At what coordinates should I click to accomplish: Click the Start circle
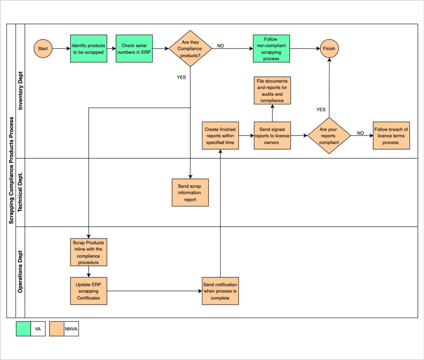tap(43, 49)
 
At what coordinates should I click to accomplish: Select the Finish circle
tap(329, 49)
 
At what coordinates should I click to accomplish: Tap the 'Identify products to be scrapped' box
tap(89, 49)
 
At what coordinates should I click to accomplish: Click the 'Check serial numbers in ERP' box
tap(134, 49)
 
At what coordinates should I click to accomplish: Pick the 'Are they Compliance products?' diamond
tap(190, 49)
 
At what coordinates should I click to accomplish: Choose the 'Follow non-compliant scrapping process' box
tap(271, 49)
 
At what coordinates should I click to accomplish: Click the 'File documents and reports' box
tap(272, 91)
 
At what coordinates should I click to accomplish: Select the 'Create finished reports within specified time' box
tap(220, 136)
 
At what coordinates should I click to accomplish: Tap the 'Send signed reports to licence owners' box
tap(272, 136)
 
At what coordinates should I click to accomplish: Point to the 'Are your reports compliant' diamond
tap(329, 136)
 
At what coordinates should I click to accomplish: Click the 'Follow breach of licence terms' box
tap(391, 136)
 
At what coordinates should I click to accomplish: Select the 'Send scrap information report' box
tap(190, 193)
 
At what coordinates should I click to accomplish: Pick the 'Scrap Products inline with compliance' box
tap(89, 252)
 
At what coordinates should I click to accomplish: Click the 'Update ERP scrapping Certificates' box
tap(89, 291)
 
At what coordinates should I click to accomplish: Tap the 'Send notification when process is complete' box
tap(220, 291)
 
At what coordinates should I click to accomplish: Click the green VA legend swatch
tap(24, 329)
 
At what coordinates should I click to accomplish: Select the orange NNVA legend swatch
tap(57, 329)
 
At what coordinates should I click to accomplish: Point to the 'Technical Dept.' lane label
tap(20, 192)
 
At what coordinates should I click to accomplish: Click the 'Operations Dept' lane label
tap(20, 272)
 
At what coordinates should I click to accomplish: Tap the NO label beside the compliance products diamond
tap(221, 46)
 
